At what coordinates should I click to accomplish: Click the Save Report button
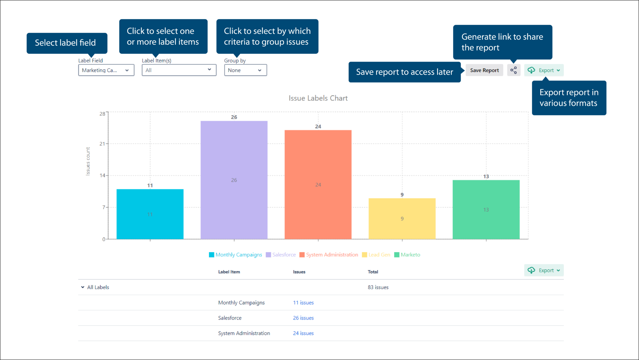(484, 70)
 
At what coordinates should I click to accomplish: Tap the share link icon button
(514, 70)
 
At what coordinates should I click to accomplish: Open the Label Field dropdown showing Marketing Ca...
(106, 70)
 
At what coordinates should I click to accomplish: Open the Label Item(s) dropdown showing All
(179, 70)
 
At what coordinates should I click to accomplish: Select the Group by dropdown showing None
(245, 70)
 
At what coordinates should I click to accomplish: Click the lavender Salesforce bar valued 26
(234, 180)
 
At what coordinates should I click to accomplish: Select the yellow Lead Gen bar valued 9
(402, 219)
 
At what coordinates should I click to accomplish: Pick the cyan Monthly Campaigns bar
(150, 214)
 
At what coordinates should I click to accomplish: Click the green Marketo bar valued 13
(486, 210)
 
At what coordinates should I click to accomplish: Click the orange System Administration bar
(318, 185)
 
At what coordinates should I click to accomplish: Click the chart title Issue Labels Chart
(318, 98)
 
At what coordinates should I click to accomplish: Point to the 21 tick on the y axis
(102, 144)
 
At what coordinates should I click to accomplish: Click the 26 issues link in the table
(303, 318)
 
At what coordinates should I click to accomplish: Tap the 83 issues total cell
(378, 287)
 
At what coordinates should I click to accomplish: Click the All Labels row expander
(83, 287)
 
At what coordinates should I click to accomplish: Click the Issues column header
(299, 272)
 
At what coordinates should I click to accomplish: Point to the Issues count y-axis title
(88, 161)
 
